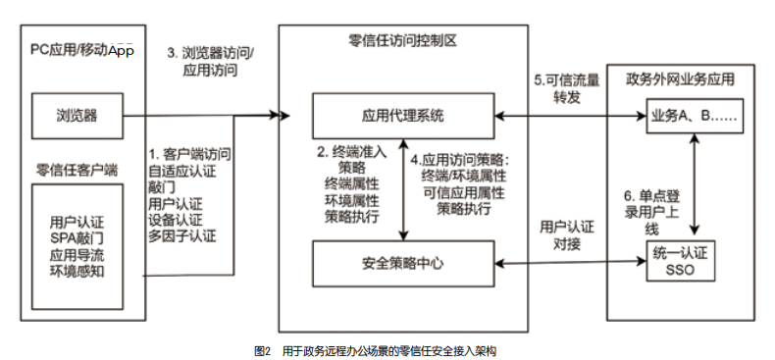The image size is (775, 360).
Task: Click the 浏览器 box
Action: (77, 117)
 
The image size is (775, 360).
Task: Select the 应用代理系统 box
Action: (404, 117)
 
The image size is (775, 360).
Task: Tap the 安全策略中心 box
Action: (404, 262)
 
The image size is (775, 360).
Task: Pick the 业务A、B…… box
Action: (695, 117)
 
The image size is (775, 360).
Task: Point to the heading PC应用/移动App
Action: (80, 49)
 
